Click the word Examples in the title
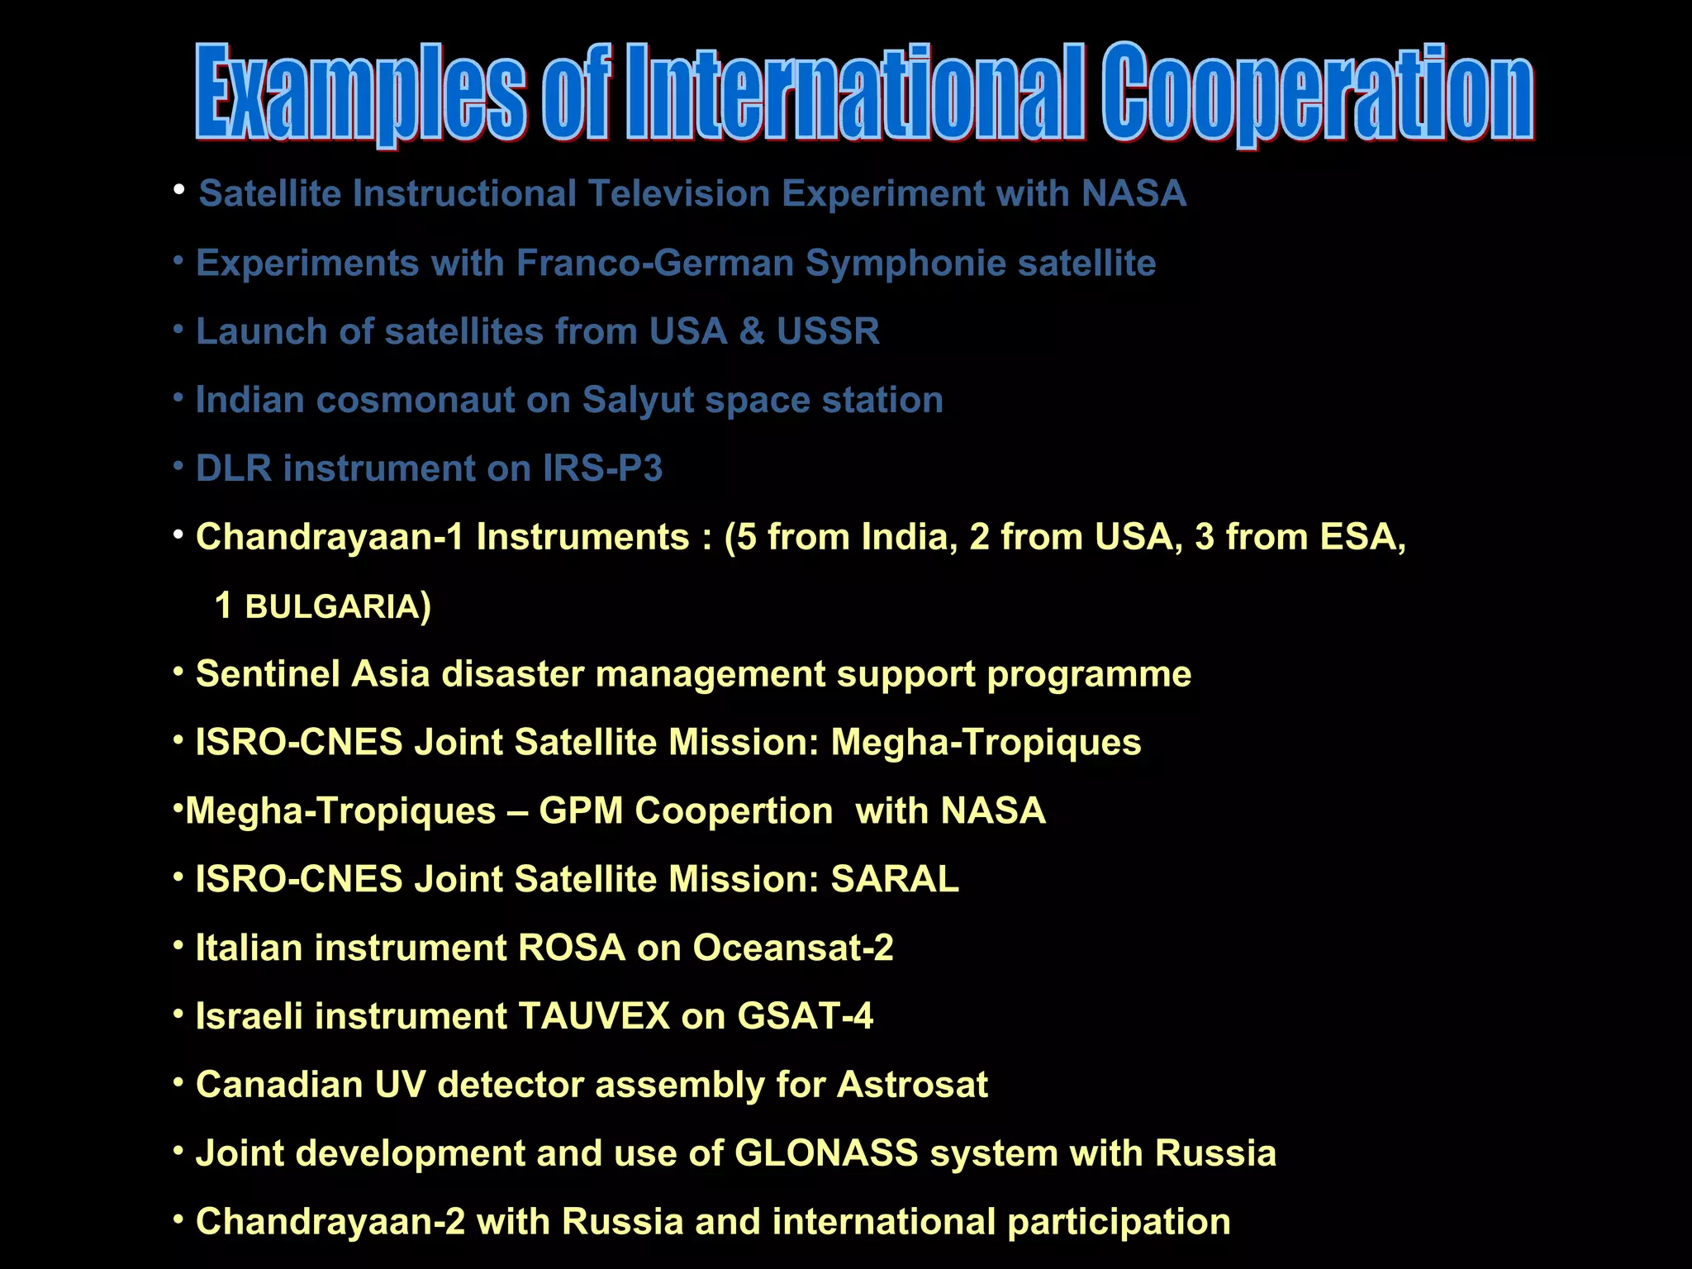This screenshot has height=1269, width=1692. tap(360, 93)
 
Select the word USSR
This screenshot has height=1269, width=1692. tap(828, 332)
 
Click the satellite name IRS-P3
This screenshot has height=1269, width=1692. tap(602, 469)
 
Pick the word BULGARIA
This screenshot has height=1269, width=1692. tap(332, 607)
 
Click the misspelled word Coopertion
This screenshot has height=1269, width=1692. tap(734, 811)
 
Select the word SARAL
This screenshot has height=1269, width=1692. tap(895, 879)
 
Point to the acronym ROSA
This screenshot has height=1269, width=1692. tap(572, 948)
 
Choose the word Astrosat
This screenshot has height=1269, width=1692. tap(912, 1085)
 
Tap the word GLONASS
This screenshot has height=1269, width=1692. tap(826, 1153)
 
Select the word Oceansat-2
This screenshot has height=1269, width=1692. tap(793, 948)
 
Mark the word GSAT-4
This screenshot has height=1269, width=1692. tap(805, 1016)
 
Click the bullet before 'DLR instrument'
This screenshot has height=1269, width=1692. tap(178, 467)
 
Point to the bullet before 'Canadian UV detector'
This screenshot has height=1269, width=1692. tap(178, 1082)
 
